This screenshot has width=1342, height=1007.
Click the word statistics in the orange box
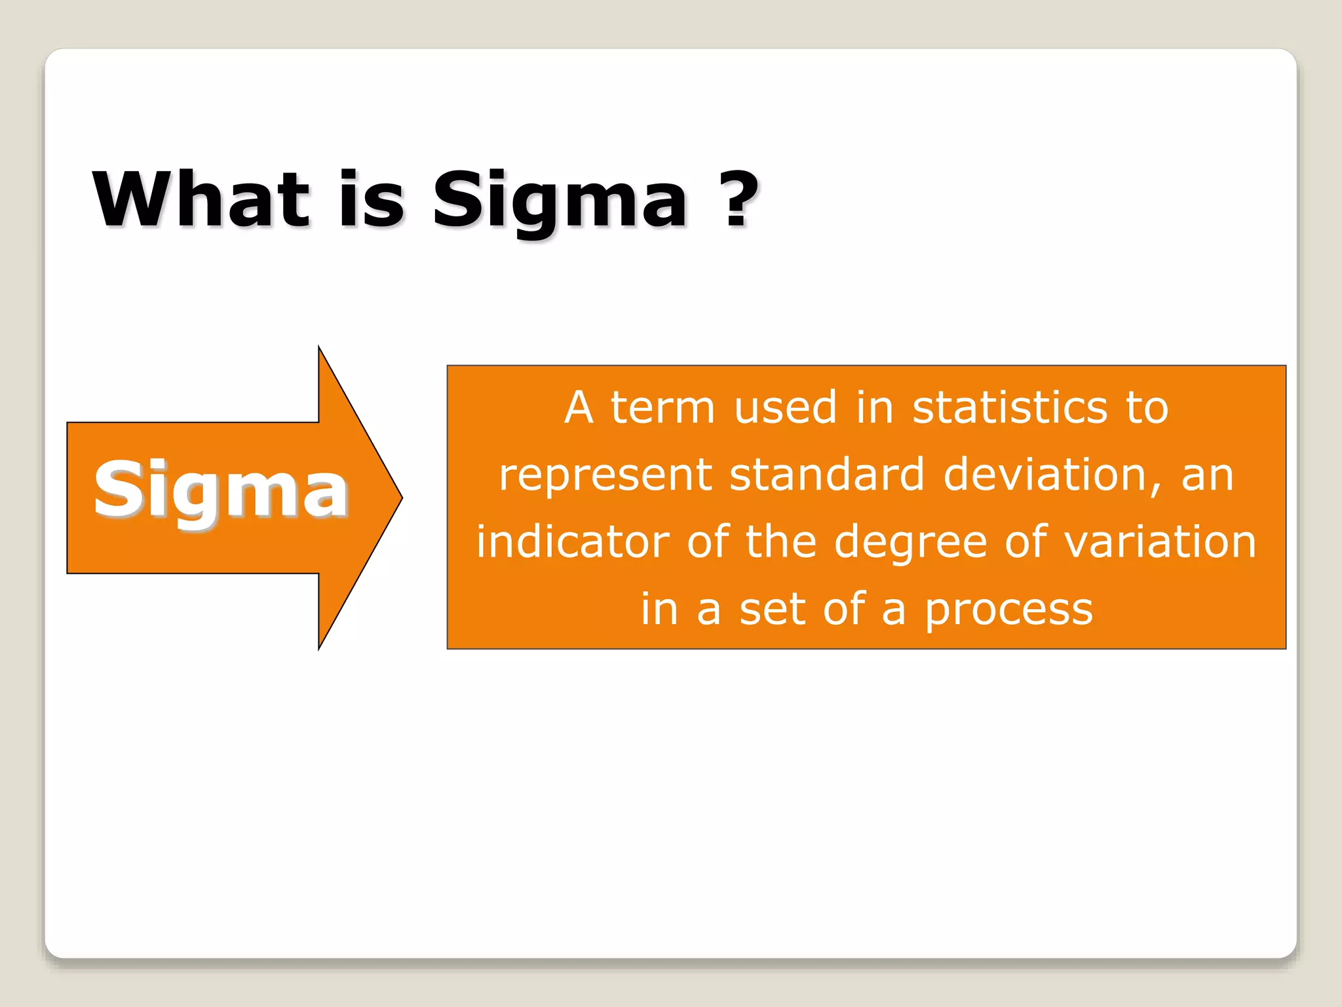(1009, 407)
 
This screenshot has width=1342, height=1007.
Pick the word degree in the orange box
(910, 543)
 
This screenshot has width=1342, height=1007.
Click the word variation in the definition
(1159, 542)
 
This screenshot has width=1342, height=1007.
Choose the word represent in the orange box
(605, 476)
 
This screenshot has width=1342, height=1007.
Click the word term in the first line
(662, 407)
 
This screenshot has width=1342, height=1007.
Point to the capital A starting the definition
(579, 407)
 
